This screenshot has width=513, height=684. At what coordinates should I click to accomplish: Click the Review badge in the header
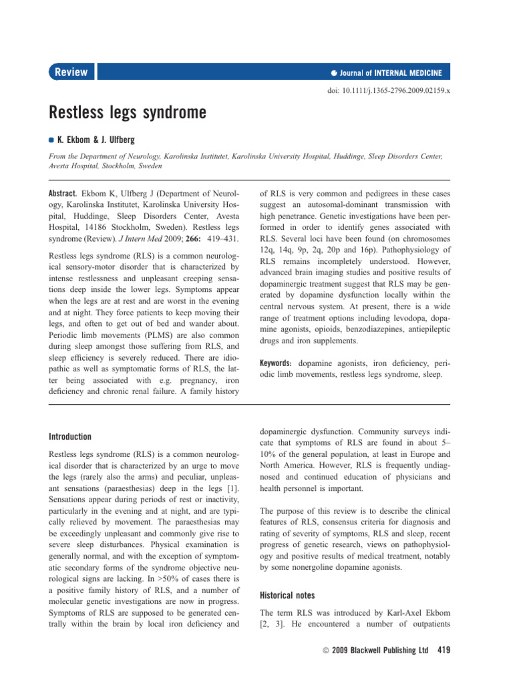pyautogui.click(x=71, y=72)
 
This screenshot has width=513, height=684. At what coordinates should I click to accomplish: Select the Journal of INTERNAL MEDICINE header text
pyautogui.click(x=390, y=73)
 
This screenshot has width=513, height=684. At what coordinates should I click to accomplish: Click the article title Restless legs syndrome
pyautogui.click(x=127, y=113)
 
